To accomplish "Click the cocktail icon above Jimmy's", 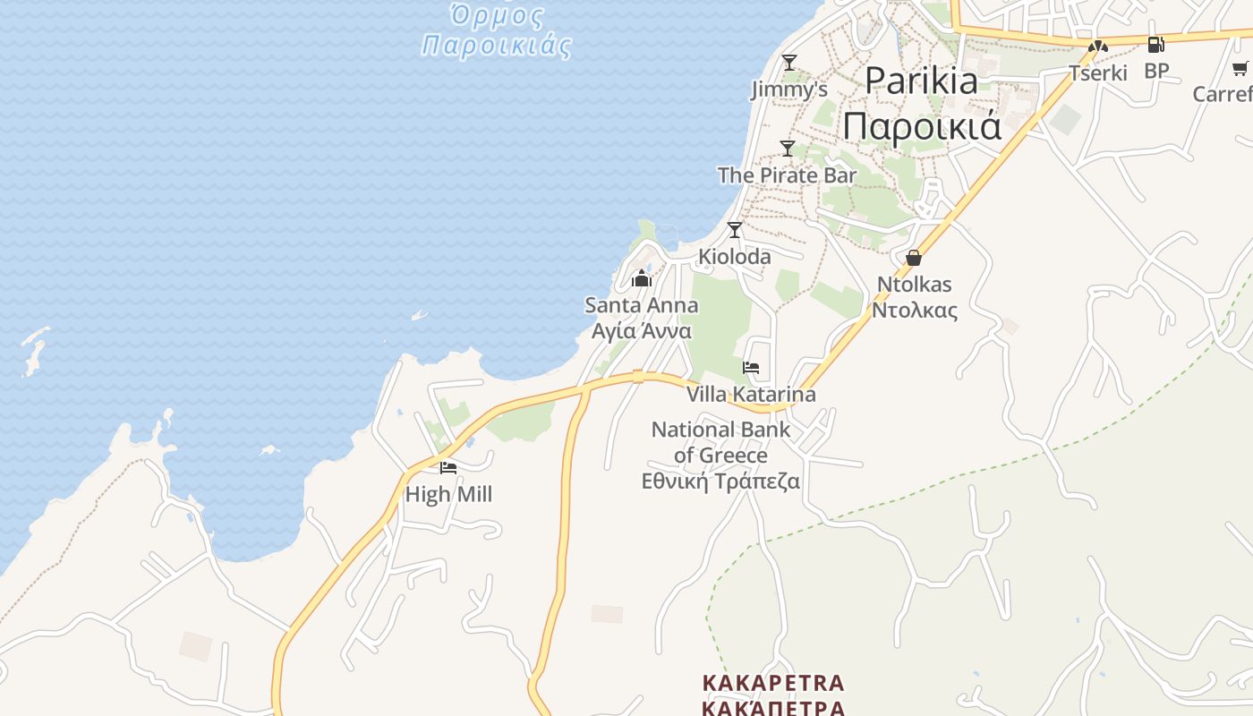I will pos(788,62).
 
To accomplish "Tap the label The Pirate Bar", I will pos(787,175).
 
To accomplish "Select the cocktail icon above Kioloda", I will pos(735,230).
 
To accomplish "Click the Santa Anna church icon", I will pos(641,278).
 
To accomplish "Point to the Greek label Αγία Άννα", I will pos(642,331).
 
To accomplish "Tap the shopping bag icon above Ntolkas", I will pos(914,258).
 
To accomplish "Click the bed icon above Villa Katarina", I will pos(751,368).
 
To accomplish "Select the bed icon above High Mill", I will pos(448,467).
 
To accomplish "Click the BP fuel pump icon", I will pos(1155,45).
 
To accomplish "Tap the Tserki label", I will pos(1098,72).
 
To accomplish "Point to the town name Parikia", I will pos(921,81).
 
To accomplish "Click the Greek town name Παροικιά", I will pos(922,126).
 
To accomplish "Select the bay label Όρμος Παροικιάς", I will pos(497,31).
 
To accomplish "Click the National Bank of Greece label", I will pos(720,442).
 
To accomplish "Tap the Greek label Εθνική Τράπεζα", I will pos(720,482).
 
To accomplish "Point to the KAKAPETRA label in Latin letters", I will pos(773,683).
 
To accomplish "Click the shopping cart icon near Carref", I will pos(1240,69).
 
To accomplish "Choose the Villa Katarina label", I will pos(751,394).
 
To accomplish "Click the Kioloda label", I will pos(734,257).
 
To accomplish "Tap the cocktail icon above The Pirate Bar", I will pos(788,149).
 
